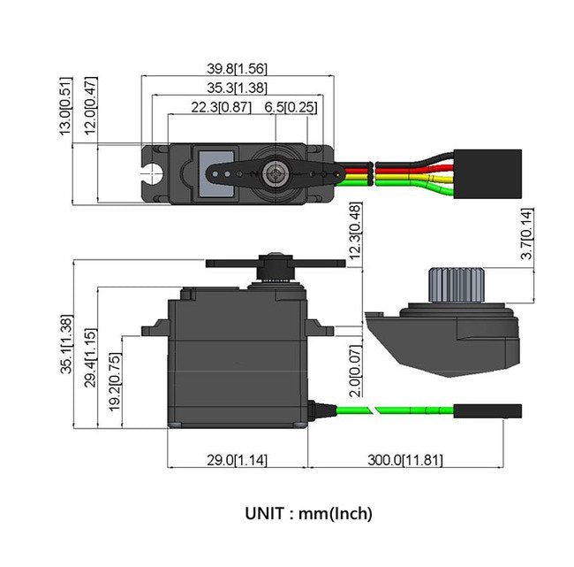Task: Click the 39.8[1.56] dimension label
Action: pos(236,68)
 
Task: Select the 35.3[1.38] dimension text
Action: pos(236,88)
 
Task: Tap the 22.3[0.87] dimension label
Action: pos(220,107)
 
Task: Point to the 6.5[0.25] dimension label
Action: pos(291,107)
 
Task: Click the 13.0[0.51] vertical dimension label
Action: pos(65,107)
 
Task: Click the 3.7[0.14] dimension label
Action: pos(527,234)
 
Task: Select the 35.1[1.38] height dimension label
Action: pos(66,345)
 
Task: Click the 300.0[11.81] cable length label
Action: pos(405,460)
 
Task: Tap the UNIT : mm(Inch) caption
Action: pos(309,512)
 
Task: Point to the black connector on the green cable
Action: pos(487,410)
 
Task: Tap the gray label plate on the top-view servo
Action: pos(215,172)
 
